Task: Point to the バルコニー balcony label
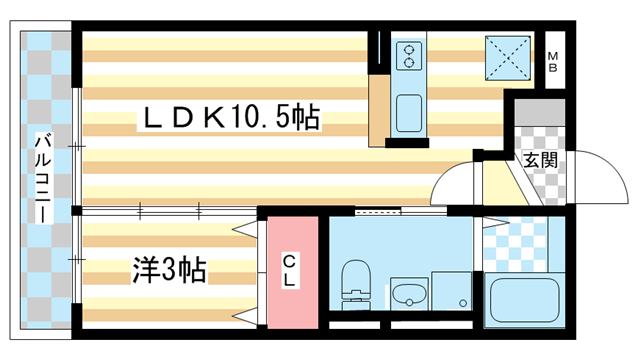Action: point(44,181)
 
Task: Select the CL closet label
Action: point(288,270)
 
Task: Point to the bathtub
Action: point(522,298)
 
